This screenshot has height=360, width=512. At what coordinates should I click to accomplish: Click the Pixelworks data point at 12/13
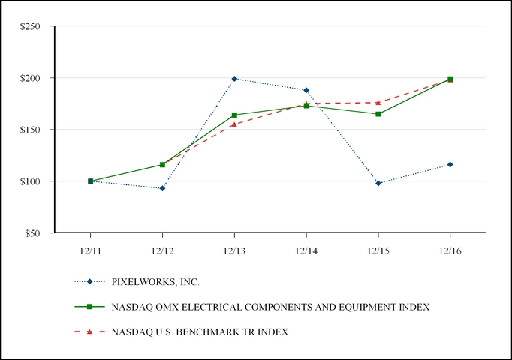point(234,79)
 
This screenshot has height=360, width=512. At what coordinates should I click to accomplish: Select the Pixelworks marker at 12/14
point(306,90)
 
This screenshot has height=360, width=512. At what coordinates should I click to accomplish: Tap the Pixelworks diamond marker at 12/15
point(378,183)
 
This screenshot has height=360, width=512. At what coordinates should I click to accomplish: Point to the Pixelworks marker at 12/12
point(162,188)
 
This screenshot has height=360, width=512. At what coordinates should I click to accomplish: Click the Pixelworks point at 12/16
point(450,164)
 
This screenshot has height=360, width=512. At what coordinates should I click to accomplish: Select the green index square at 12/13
point(234,115)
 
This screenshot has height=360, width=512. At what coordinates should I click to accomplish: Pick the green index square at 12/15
point(378,114)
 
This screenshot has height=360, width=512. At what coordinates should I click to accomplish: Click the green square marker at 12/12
point(162,164)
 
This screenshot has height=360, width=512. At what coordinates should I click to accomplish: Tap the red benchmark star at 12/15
point(378,103)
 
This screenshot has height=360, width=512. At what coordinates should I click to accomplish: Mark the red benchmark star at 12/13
point(234,124)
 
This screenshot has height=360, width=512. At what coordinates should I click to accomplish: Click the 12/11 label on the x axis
point(90,250)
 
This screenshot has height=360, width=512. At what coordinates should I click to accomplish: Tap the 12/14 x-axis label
point(306,250)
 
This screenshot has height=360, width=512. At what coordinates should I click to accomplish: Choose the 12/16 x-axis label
point(450,250)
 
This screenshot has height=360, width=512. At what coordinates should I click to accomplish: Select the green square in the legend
point(89,307)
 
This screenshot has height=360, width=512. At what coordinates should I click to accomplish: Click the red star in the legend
point(89,331)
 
